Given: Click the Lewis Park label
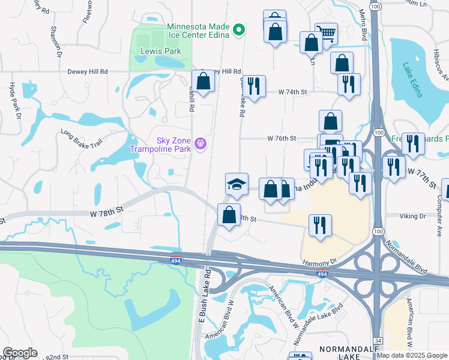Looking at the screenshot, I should coord(161,52).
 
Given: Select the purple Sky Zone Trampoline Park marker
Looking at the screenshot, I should coord(200,143).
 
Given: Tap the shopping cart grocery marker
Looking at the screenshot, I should coord(326,34).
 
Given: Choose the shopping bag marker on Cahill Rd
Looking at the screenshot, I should coord(203,82).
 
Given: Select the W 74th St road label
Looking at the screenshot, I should coord(292,92).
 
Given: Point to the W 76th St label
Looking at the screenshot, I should coord(282,138).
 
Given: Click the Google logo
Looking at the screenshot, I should coord(20,353).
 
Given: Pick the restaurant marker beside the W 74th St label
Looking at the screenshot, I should coord(254,86).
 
